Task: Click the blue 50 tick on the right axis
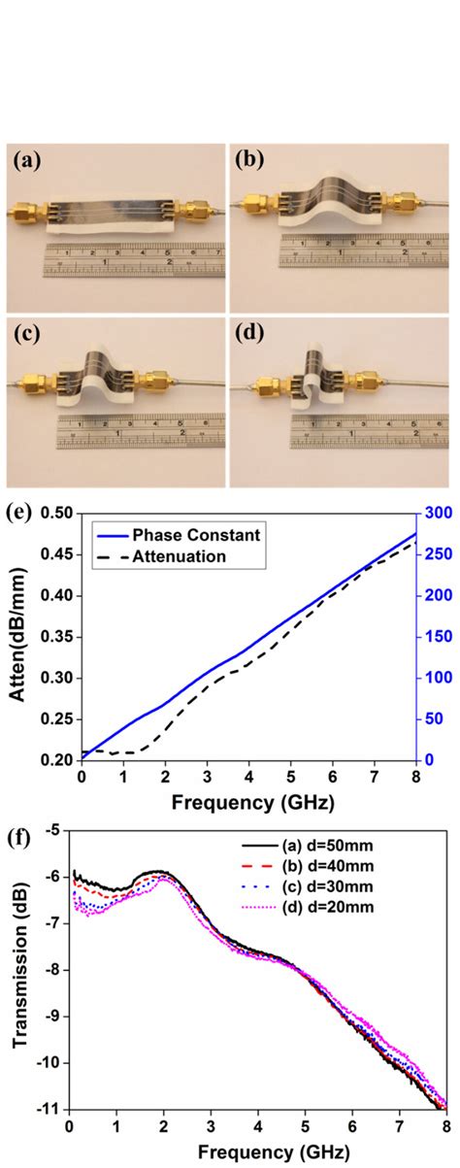(x=432, y=718)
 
